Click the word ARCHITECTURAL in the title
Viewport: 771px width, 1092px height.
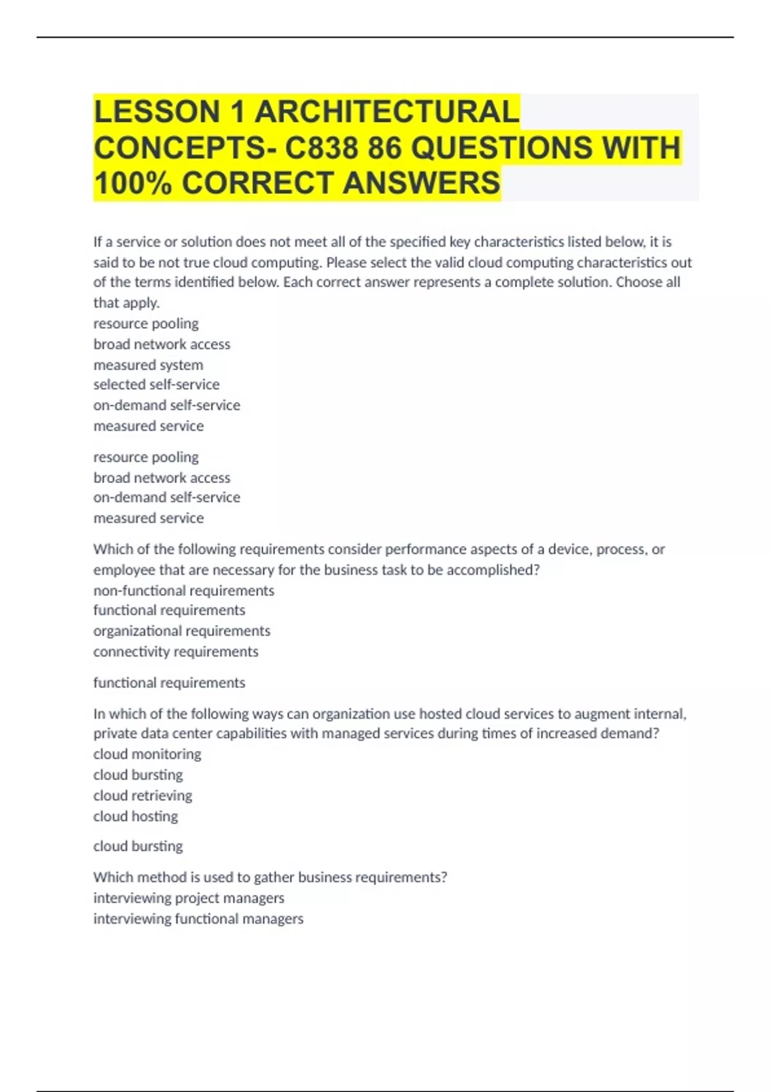pyautogui.click(x=387, y=112)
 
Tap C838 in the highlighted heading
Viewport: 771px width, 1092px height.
pyautogui.click(x=321, y=148)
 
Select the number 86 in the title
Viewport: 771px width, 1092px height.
pyautogui.click(x=384, y=148)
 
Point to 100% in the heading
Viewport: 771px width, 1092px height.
pyautogui.click(x=133, y=183)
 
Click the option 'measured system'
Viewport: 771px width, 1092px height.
pyautogui.click(x=148, y=365)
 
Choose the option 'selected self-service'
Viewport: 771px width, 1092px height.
pyautogui.click(x=156, y=385)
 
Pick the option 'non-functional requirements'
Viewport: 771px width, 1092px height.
pyautogui.click(x=184, y=590)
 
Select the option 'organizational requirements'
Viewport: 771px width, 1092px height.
pyautogui.click(x=182, y=631)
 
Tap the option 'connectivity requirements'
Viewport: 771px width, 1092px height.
pyautogui.click(x=176, y=651)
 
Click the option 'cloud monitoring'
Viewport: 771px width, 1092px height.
pyautogui.click(x=147, y=754)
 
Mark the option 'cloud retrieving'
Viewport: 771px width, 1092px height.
pyautogui.click(x=143, y=795)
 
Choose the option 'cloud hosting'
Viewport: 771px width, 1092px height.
pyautogui.click(x=136, y=816)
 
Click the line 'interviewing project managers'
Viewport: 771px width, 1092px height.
pyautogui.click(x=189, y=898)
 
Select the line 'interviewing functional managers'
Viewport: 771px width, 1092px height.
pyautogui.click(x=198, y=919)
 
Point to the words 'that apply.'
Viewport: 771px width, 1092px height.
pyautogui.click(x=127, y=303)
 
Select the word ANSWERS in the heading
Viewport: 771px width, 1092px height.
pyautogui.click(x=421, y=183)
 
